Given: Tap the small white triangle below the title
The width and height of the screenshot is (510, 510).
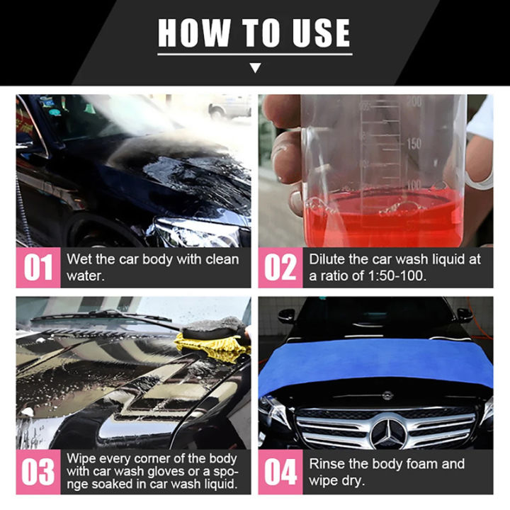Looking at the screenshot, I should (x=256, y=68).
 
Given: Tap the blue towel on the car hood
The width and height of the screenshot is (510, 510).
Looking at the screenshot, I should (x=375, y=361).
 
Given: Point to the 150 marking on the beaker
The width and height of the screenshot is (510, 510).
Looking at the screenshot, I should (x=413, y=144).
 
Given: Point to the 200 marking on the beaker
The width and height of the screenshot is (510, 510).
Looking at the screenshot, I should (x=414, y=102).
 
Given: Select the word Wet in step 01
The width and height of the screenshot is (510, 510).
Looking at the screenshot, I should (x=78, y=259).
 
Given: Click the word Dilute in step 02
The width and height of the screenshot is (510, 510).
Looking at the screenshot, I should (x=327, y=259).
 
